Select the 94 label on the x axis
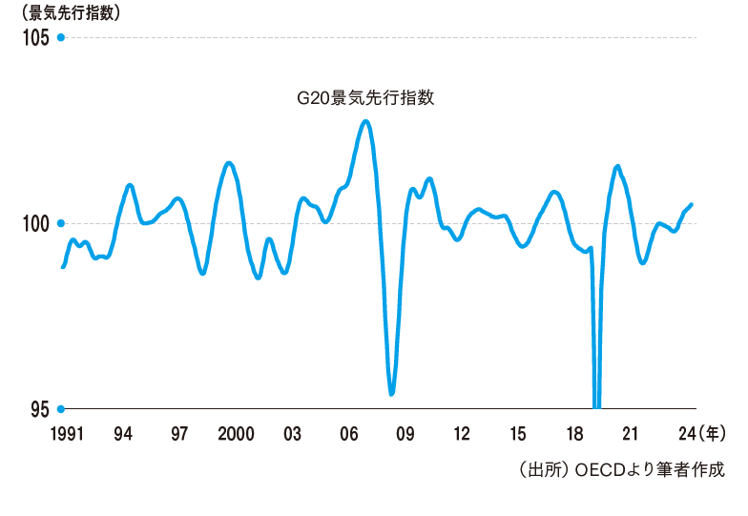(122, 434)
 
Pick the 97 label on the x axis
(178, 434)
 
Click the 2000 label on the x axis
(235, 434)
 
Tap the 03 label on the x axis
(292, 434)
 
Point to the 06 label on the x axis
(348, 434)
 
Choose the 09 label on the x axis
(405, 434)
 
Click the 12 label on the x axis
(462, 434)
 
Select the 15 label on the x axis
(518, 434)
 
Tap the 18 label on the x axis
(574, 434)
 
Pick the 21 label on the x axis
(631, 434)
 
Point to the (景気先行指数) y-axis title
(65, 13)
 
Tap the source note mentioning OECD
(620, 469)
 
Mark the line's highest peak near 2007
(365, 121)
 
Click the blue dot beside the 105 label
(60, 38)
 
